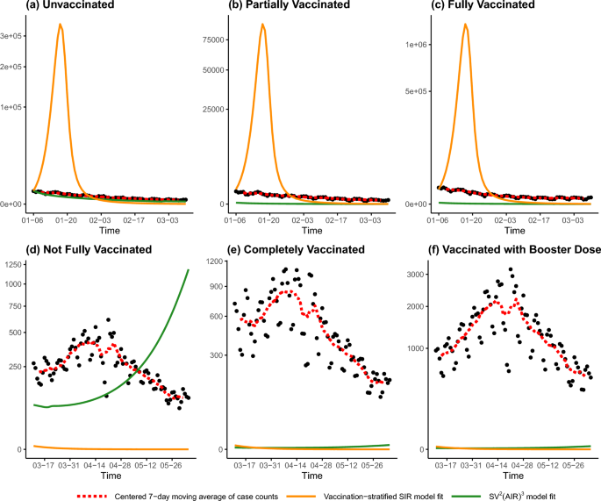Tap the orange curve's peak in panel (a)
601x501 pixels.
click(61, 25)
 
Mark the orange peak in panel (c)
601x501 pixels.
click(465, 25)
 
